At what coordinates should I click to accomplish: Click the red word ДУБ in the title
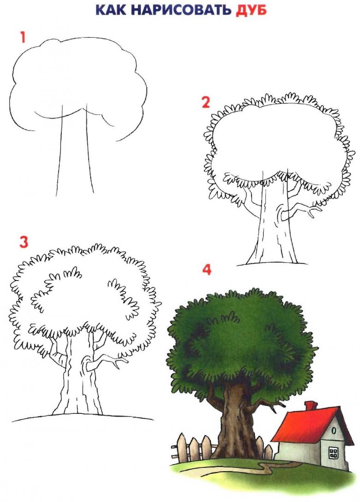251,10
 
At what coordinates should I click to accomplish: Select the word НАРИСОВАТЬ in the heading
181,10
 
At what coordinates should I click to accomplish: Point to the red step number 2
206,102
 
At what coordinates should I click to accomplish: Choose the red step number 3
24,242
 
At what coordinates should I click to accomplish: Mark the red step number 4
207,269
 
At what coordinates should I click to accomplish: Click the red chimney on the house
310,405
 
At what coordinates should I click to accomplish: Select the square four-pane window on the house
333,452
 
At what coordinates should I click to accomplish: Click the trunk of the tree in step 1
74,150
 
